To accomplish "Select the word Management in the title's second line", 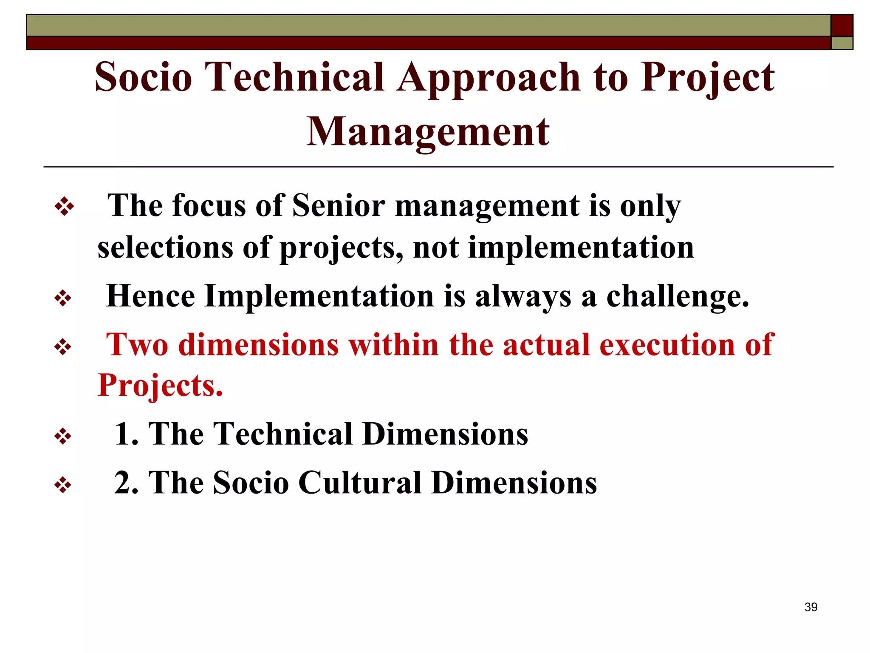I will (428, 132).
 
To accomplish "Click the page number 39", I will (811, 607).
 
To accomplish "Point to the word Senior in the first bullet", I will (339, 206).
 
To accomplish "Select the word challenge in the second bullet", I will (677, 297).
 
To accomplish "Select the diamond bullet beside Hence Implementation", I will (63, 298).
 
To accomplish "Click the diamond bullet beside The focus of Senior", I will (64, 207).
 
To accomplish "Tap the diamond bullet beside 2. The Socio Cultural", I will (63, 485).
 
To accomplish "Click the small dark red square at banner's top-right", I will (842, 26).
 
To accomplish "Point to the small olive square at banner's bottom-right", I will (842, 43).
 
